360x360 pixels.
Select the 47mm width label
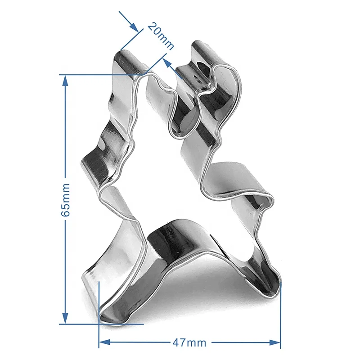[x=189, y=343]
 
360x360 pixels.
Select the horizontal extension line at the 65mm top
[x=103, y=74]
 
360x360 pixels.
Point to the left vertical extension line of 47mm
[x=99, y=310]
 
